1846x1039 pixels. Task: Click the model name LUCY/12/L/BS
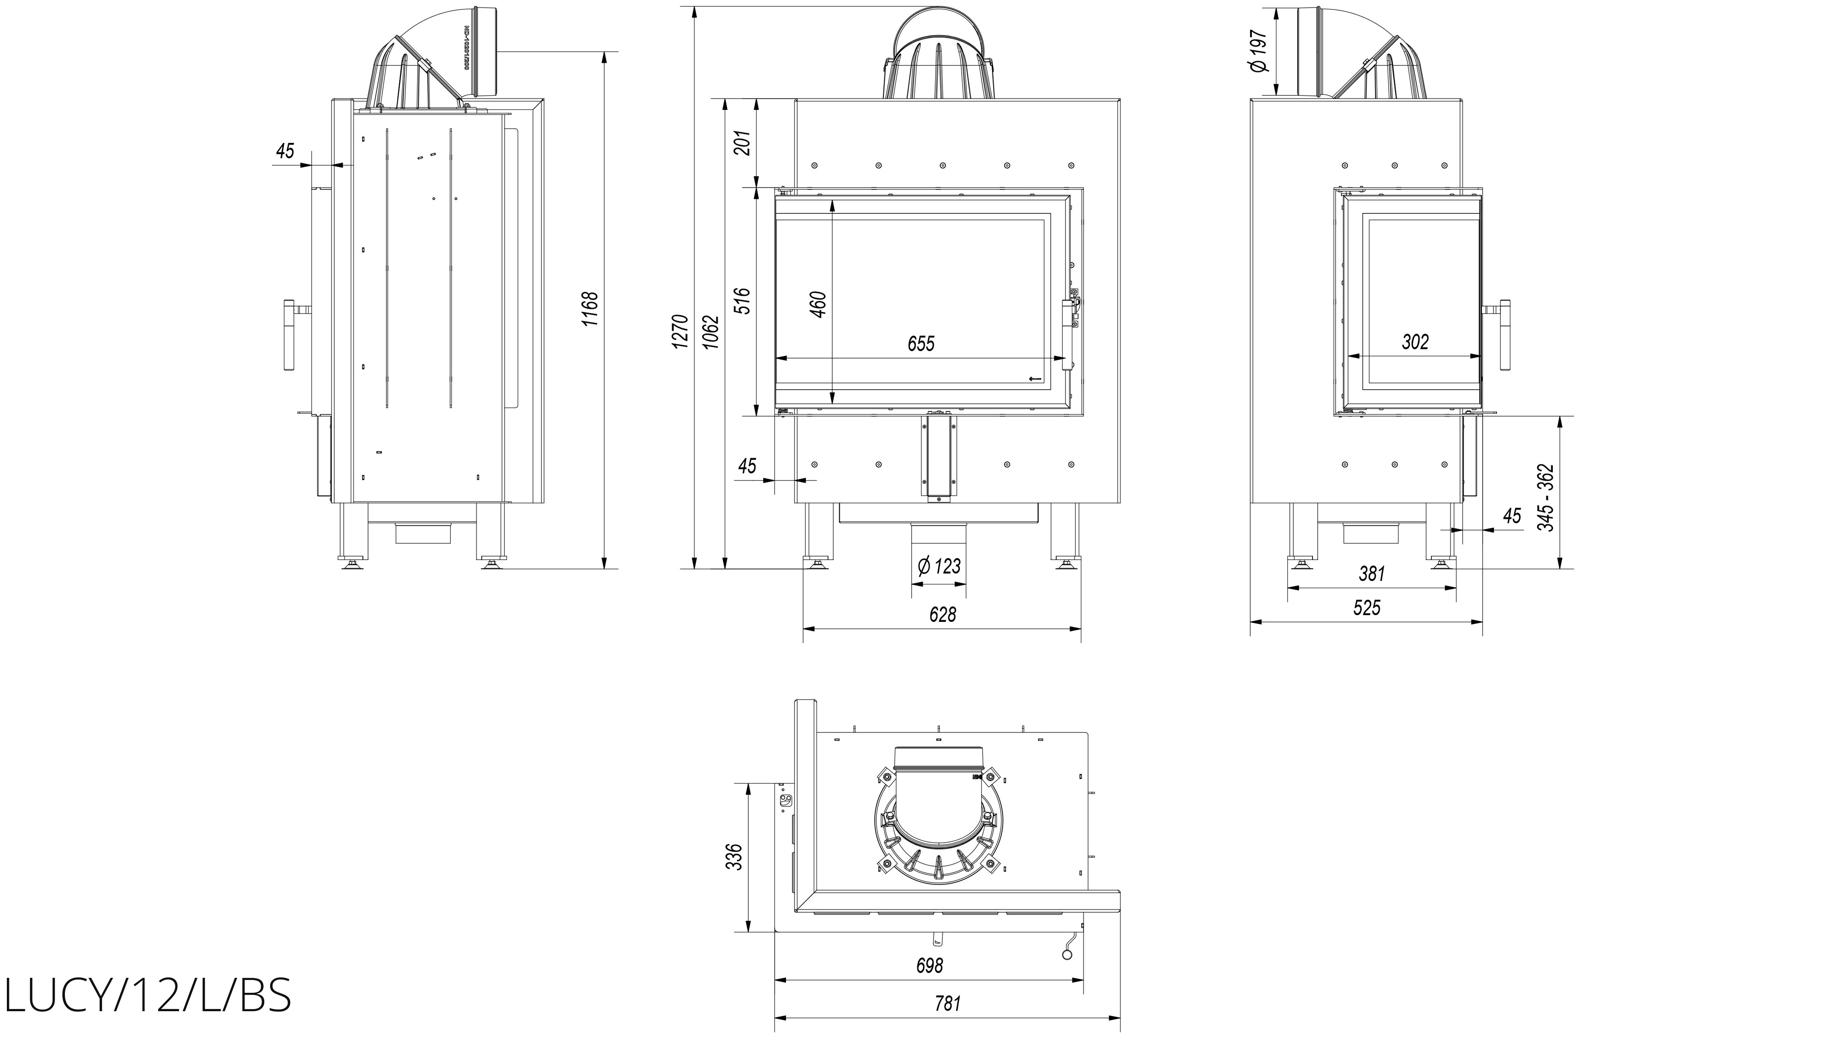(148, 996)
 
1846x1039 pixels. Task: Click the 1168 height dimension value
(590, 309)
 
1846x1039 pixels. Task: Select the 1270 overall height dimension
(681, 331)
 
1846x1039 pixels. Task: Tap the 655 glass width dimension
(921, 344)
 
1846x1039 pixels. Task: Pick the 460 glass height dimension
(818, 304)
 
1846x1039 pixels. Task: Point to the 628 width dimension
(942, 615)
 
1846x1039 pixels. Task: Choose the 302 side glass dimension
(1415, 342)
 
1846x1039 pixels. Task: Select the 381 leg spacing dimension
(1372, 574)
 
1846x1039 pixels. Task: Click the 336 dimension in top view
(734, 856)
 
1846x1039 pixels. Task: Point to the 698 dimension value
(930, 965)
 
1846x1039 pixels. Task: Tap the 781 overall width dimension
(948, 1003)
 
